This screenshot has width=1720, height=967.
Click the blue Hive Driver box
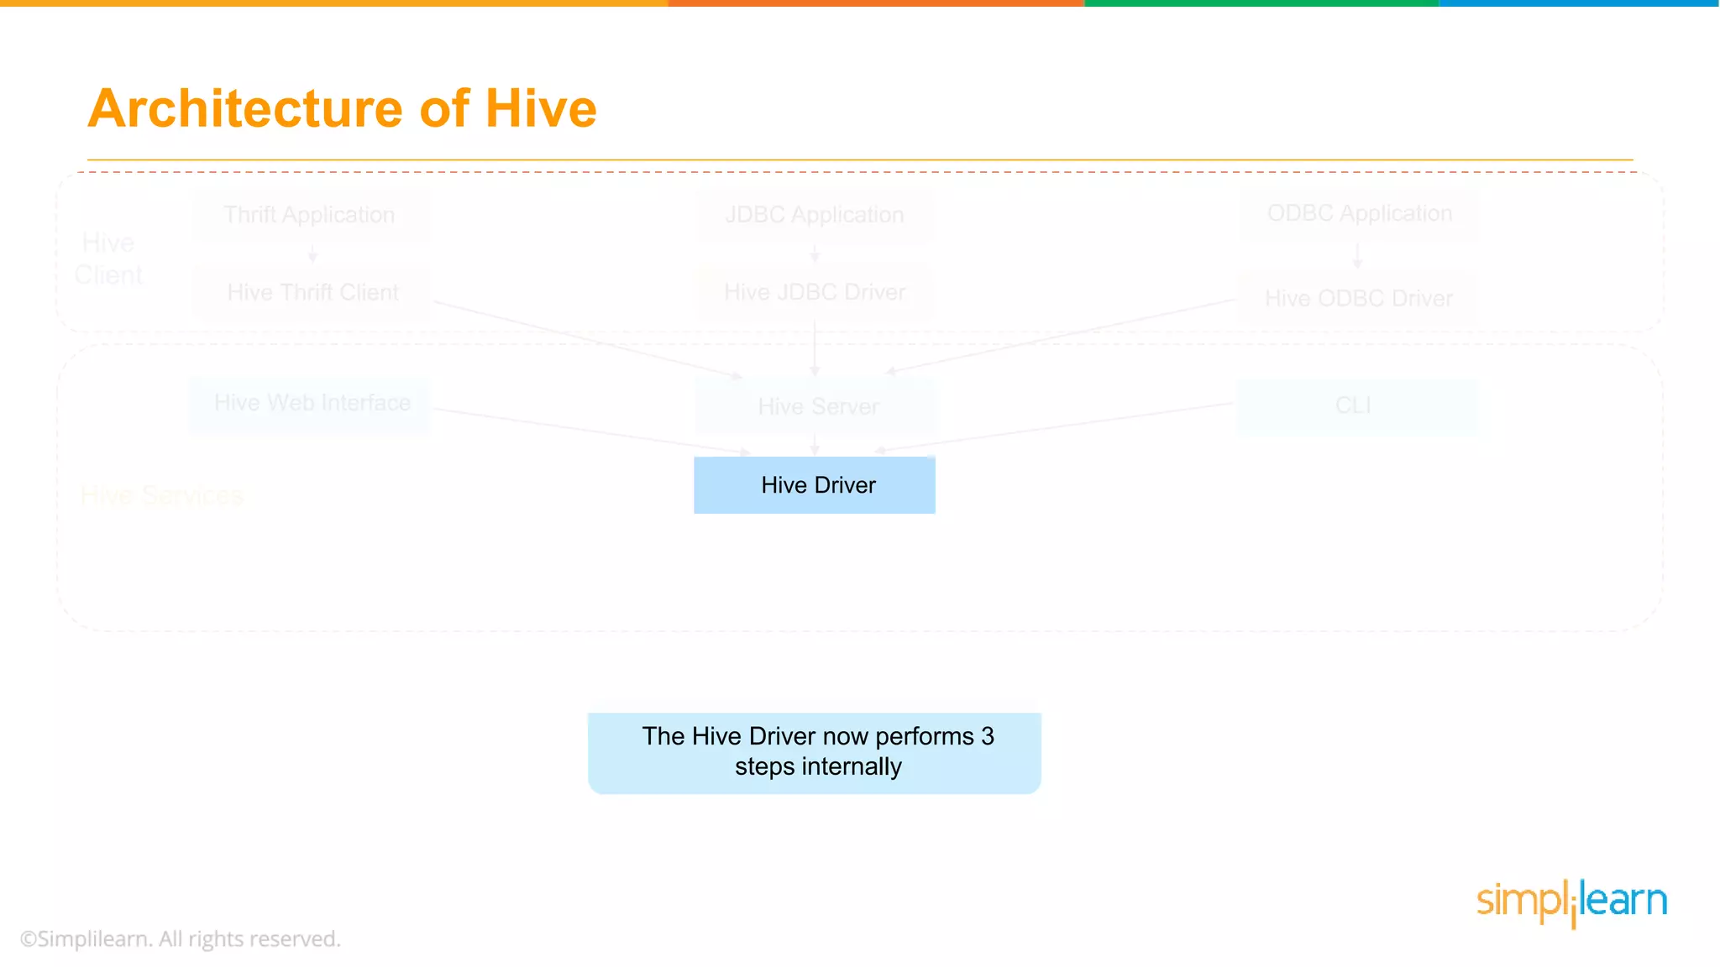(x=814, y=485)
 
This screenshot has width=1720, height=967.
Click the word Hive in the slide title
(x=541, y=109)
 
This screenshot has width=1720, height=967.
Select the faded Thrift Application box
(x=309, y=215)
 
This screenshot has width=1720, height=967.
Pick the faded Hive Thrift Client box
(x=312, y=293)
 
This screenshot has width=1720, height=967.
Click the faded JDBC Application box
(x=814, y=215)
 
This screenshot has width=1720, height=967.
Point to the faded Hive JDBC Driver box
(x=814, y=293)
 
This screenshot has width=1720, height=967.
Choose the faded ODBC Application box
(x=1359, y=214)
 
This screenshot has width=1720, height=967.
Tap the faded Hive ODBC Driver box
(x=1358, y=299)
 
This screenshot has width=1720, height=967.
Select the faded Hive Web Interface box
(x=312, y=403)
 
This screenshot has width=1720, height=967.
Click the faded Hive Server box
(x=817, y=407)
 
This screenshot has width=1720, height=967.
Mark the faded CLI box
(x=1355, y=406)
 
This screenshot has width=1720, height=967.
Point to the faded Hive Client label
(x=108, y=259)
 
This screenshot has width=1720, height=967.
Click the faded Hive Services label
(x=162, y=495)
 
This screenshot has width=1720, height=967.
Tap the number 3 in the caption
(x=988, y=736)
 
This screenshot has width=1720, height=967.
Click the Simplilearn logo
(x=1571, y=902)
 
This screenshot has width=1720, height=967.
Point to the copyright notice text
(x=181, y=938)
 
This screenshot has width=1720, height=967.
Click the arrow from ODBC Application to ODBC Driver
(x=1357, y=255)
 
